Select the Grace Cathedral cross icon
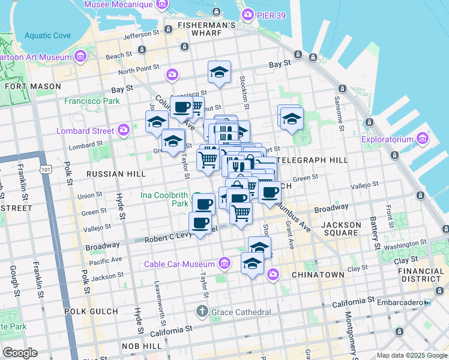coord(202,311)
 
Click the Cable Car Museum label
coord(179,264)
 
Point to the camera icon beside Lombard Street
coord(124,130)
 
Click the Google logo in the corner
coord(20,352)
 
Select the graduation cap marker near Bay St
coord(220,73)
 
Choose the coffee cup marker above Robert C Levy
coord(199,223)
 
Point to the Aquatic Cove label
coord(48,35)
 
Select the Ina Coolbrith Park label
coord(164,199)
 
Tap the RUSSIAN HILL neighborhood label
coord(116,173)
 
